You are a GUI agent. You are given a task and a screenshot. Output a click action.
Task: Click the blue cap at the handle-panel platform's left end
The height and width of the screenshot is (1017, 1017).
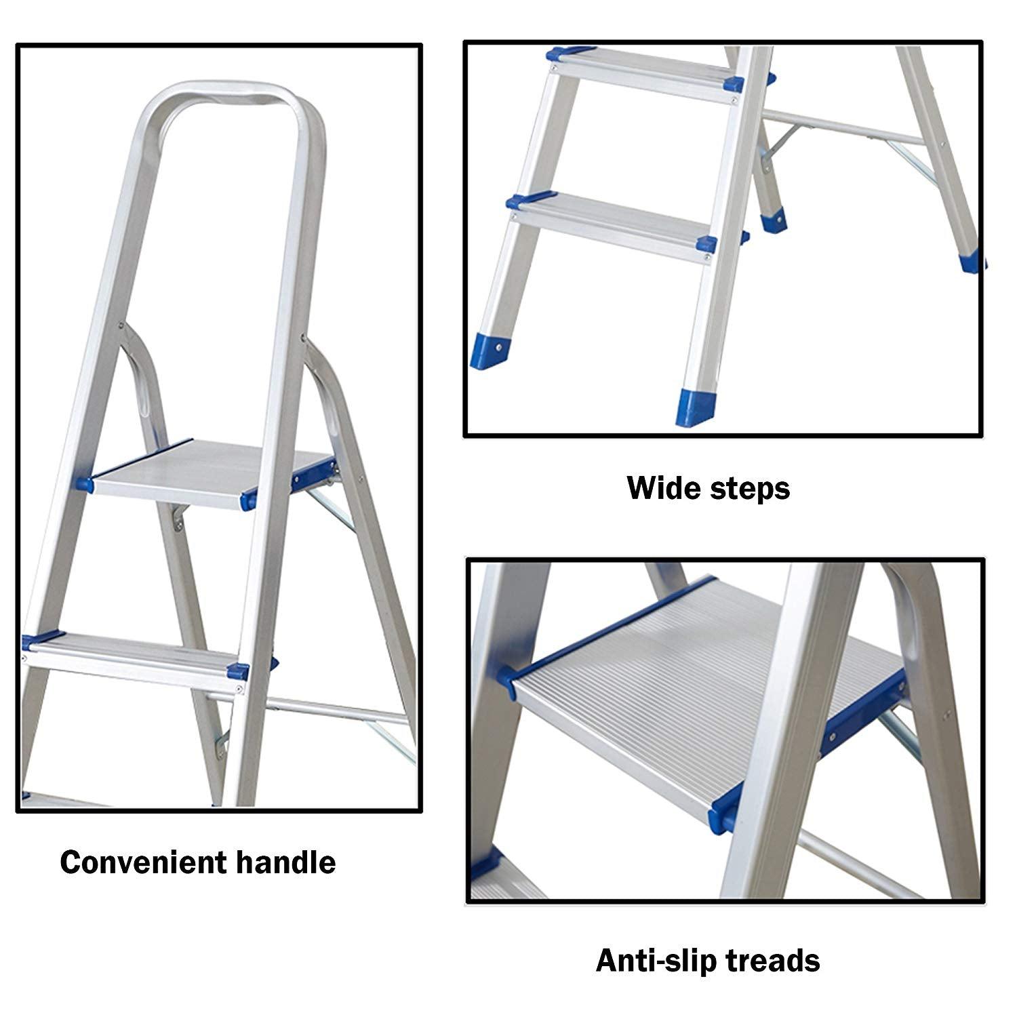[x=85, y=483]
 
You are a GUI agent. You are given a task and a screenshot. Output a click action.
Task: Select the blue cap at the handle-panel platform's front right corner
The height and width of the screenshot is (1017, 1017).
[x=247, y=501]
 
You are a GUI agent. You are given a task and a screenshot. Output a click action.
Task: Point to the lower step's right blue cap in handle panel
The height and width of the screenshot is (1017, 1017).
[x=237, y=671]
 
